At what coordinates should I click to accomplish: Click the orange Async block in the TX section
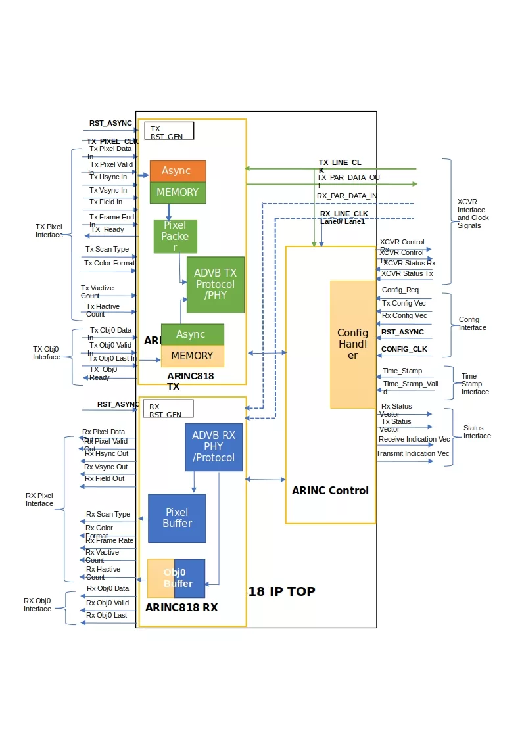click(x=178, y=171)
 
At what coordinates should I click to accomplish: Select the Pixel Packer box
click(x=175, y=237)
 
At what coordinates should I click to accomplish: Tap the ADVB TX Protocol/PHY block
click(x=215, y=285)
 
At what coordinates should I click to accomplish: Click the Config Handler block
click(x=352, y=344)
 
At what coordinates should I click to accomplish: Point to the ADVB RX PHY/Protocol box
click(x=214, y=447)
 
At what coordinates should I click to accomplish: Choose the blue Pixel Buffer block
click(x=177, y=518)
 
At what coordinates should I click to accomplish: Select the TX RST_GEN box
click(x=169, y=131)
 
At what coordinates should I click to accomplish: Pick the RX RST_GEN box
click(x=168, y=408)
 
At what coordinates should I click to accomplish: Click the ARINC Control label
click(x=330, y=490)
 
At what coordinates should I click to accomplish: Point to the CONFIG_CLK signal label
click(x=404, y=349)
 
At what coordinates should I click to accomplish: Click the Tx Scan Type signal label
click(x=107, y=250)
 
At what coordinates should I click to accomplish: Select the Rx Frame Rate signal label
click(x=109, y=540)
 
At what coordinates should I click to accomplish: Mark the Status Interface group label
click(x=477, y=432)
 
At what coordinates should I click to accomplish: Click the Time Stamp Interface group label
click(x=475, y=384)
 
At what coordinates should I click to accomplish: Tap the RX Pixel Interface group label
click(x=39, y=499)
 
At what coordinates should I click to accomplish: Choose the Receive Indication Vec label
click(x=414, y=439)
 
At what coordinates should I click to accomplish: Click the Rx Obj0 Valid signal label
click(x=107, y=603)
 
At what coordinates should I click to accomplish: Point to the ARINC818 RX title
click(x=181, y=608)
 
